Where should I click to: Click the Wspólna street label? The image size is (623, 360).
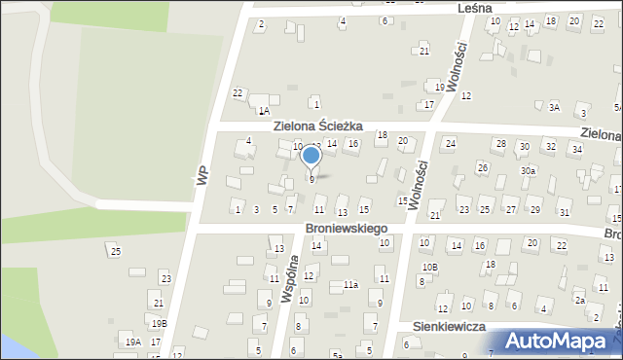coord(288,280)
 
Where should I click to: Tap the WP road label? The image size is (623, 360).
coord(202,174)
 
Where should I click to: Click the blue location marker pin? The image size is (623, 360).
coord(311,157)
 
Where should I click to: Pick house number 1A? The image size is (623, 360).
coord(264,112)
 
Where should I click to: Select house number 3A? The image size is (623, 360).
coord(554,108)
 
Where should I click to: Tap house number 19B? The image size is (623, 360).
coord(159,323)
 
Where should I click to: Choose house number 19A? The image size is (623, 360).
coord(133,342)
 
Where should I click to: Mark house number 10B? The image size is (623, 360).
coord(429,267)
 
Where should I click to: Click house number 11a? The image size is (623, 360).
coord(350,285)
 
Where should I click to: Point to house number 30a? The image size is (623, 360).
coord(528,170)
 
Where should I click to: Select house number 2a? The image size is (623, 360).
coord(579,301)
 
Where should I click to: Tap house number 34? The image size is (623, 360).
coord(576,149)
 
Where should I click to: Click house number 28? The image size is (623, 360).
coord(500,144)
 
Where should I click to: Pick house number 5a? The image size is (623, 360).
coord(336,355)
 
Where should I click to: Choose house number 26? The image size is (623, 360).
coord(482,167)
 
